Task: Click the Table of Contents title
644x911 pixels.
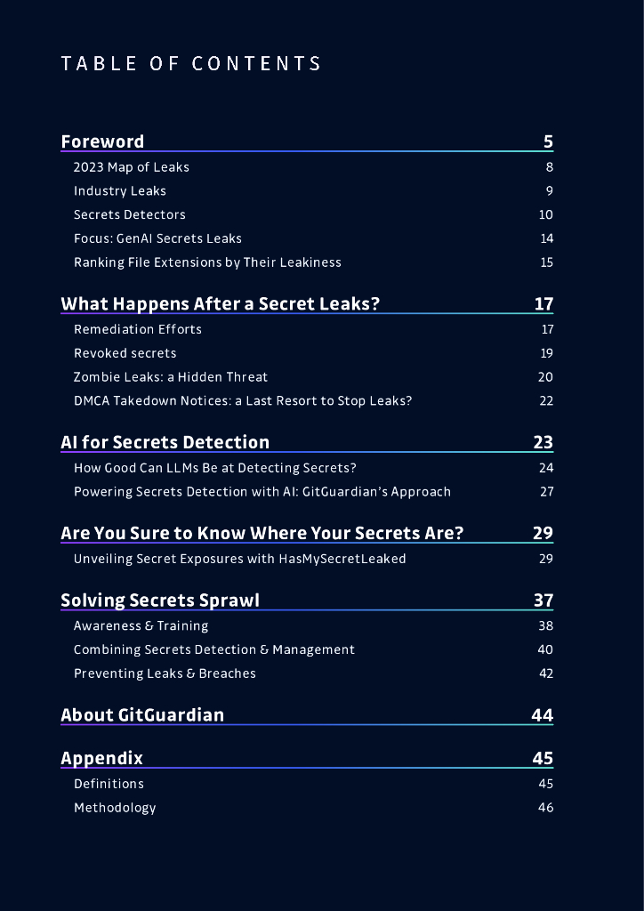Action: [x=191, y=64]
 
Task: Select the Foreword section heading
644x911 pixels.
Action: [x=102, y=141]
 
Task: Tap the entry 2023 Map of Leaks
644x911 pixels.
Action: [x=132, y=167]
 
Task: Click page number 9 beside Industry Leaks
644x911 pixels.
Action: [x=549, y=191]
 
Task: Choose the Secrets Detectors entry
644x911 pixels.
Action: [x=130, y=215]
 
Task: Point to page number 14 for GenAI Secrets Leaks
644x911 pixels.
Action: [x=546, y=238]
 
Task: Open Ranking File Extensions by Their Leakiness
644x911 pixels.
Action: [x=207, y=262]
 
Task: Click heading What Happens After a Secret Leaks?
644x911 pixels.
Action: [x=220, y=304]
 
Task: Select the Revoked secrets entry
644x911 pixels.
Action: [x=125, y=353]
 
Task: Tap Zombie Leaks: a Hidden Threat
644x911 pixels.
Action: [x=171, y=377]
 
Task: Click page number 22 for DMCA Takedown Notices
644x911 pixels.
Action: [x=545, y=401]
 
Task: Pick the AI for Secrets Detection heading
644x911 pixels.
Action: [x=165, y=443]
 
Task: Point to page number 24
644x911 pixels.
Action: [x=545, y=468]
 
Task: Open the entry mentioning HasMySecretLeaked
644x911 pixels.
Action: [x=240, y=559]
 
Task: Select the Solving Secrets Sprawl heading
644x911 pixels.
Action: [x=160, y=601]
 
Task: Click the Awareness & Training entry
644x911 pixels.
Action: [x=141, y=626]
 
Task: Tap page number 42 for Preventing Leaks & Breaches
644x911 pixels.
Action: [x=545, y=673]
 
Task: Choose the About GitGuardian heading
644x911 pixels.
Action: [x=142, y=715]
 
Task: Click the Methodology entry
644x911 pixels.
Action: [x=115, y=808]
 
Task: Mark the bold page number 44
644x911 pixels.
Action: [x=542, y=715]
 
